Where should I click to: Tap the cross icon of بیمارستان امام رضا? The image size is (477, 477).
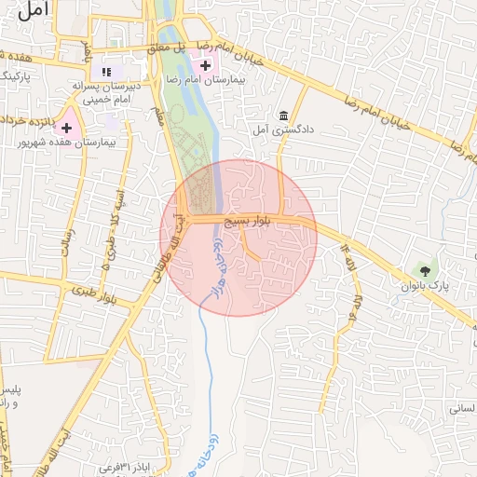205,65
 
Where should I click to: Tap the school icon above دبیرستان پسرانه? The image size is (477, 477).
106,72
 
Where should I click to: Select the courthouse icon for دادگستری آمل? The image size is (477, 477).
282,116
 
